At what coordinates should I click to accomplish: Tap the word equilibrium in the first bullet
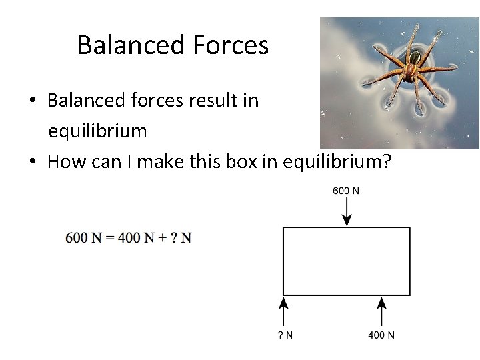point(97,131)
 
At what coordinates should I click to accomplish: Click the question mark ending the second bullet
point(386,162)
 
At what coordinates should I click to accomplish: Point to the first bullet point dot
point(32,101)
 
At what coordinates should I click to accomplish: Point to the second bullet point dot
point(32,163)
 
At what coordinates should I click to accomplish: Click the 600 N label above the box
point(346,191)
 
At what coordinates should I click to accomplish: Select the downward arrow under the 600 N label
point(346,212)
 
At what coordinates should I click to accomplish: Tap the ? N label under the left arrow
point(285,335)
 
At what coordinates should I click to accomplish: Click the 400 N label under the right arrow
point(381,335)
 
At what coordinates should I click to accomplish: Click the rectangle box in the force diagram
point(346,261)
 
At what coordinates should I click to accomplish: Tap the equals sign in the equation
point(108,238)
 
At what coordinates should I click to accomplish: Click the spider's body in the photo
point(413,67)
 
